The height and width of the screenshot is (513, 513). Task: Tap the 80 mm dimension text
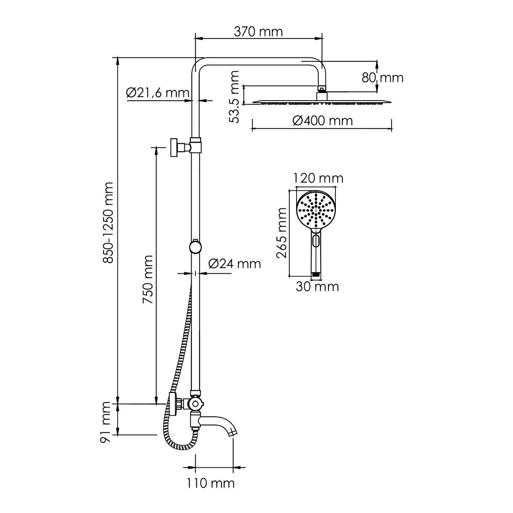pyautogui.click(x=382, y=77)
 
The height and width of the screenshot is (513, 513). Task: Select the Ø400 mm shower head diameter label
pyautogui.click(x=322, y=120)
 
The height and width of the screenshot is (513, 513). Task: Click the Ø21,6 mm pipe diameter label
pyautogui.click(x=157, y=93)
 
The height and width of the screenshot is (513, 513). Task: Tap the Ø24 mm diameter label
pyautogui.click(x=234, y=263)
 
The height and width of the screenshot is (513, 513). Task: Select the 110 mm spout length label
pyautogui.click(x=211, y=483)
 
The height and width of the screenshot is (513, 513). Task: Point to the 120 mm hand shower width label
pyautogui.click(x=318, y=178)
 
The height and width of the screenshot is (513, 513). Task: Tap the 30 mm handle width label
pyautogui.click(x=317, y=286)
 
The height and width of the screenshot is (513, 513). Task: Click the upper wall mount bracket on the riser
pyautogui.click(x=176, y=147)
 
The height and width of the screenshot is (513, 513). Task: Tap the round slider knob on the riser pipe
pyautogui.click(x=196, y=246)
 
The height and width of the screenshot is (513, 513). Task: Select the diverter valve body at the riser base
pyautogui.click(x=195, y=404)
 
